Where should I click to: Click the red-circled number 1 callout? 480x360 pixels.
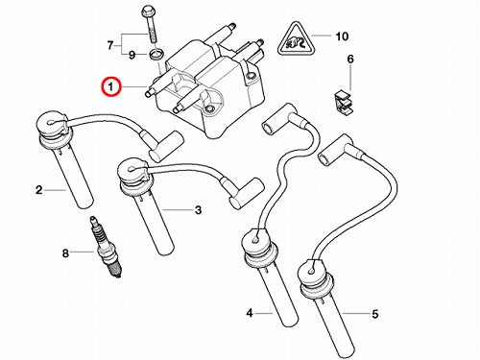click(x=110, y=86)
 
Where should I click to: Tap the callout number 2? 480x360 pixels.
click(x=38, y=190)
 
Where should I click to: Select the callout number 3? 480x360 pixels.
click(x=199, y=210)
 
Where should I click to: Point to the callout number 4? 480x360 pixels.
click(x=250, y=313)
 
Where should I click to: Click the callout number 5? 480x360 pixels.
click(x=375, y=314)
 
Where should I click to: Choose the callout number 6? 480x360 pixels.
click(x=350, y=60)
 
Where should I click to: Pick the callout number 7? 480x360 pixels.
click(x=110, y=45)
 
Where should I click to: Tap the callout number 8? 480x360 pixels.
click(x=65, y=253)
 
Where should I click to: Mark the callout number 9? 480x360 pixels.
click(x=132, y=55)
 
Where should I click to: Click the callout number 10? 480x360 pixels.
click(x=342, y=36)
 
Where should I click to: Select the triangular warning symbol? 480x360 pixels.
click(x=297, y=40)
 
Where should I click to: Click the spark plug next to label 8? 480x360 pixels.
click(x=107, y=247)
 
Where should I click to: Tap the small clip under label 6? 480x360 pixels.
click(x=343, y=103)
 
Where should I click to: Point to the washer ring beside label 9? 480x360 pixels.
click(x=156, y=54)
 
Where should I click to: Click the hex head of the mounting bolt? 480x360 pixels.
click(x=149, y=13)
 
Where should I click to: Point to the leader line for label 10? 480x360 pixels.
click(x=321, y=36)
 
